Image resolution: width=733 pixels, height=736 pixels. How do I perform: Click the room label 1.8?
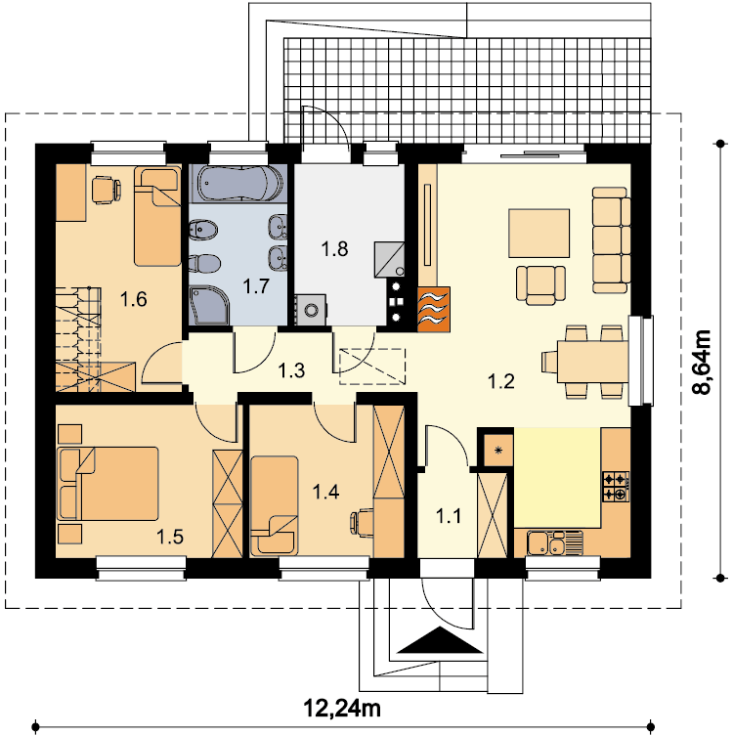coord(334,249)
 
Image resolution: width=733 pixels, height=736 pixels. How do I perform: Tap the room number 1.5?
coord(170,537)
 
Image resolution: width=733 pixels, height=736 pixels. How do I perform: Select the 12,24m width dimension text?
coord(342,709)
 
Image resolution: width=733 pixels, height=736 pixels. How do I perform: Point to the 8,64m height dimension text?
coord(702,363)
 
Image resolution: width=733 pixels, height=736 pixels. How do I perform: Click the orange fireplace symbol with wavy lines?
coord(434,309)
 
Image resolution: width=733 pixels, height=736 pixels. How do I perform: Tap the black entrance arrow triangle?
coord(440,640)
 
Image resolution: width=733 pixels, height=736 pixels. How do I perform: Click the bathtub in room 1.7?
coord(239,184)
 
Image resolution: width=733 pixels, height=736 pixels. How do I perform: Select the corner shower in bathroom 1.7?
coord(209,305)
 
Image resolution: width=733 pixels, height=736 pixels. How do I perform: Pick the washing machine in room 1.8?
coord(310,310)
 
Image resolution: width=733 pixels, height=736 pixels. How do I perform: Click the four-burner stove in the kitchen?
coord(615,487)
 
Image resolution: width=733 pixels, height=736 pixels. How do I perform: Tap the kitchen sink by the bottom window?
coord(554,543)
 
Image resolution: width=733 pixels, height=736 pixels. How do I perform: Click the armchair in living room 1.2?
coord(540,285)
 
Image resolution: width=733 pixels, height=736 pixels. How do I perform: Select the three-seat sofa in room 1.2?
coord(611,239)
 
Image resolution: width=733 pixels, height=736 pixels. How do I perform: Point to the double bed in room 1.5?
coord(108,484)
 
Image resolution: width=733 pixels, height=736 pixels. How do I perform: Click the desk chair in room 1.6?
coord(108,189)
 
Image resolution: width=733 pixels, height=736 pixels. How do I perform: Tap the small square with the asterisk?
coord(498,451)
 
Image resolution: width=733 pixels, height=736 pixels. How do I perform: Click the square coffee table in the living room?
coord(539,234)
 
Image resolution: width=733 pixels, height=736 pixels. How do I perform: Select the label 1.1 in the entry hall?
coord(449,516)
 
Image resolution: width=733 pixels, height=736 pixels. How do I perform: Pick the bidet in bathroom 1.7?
coord(203,230)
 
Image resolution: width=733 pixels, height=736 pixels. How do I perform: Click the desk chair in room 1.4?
coord(362,522)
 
